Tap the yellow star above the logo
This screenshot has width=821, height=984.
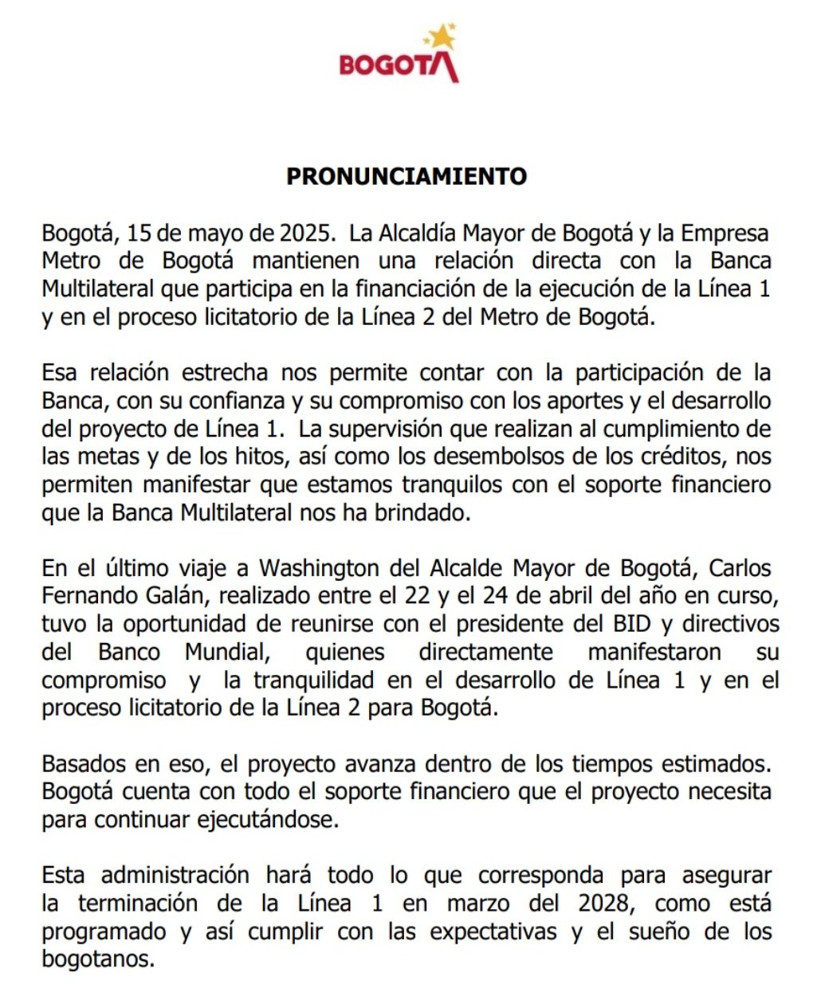point(441,36)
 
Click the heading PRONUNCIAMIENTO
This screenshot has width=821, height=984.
point(407,176)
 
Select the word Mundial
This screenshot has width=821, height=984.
point(226,652)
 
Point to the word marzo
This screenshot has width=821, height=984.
point(477,903)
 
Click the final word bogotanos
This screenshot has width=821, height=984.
point(96,959)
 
